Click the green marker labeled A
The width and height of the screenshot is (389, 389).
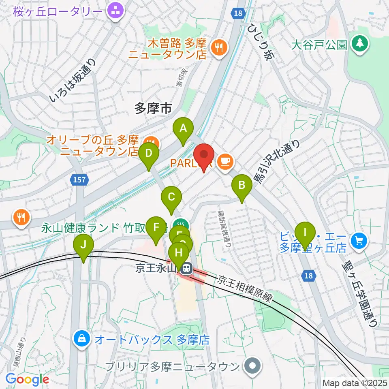[183, 129]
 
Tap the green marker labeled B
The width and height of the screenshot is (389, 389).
[242, 186]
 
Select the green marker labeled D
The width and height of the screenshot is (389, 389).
[148, 154]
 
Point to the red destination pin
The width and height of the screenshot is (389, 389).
[204, 156]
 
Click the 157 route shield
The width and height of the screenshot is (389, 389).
[80, 180]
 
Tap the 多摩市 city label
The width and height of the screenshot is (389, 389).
[153, 108]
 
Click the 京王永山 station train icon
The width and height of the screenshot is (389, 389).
[186, 268]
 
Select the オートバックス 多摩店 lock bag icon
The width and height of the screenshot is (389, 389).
[82, 339]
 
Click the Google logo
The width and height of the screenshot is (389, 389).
[27, 379]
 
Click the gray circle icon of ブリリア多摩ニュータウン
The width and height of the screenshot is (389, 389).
[253, 366]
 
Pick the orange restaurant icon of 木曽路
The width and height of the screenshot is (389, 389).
[220, 48]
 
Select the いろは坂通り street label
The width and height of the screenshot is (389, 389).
[73, 80]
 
